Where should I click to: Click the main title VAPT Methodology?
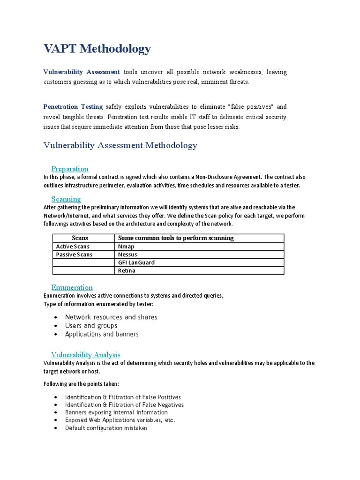[97, 49]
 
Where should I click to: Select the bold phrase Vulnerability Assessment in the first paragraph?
[82, 72]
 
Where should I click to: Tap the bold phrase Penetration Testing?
[73, 106]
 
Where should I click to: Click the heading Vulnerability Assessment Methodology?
[120, 145]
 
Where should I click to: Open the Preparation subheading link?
[70, 169]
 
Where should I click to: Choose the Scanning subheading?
[66, 199]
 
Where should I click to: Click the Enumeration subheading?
[72, 287]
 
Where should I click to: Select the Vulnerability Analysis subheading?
[86, 355]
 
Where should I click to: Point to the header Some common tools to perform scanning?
[176, 238]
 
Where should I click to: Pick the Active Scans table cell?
[73, 247]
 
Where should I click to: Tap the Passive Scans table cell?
[74, 255]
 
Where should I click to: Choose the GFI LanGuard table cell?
[136, 262]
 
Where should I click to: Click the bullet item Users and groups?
[91, 326]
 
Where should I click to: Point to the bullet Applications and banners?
[102, 334]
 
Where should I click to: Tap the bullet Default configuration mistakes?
[106, 428]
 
